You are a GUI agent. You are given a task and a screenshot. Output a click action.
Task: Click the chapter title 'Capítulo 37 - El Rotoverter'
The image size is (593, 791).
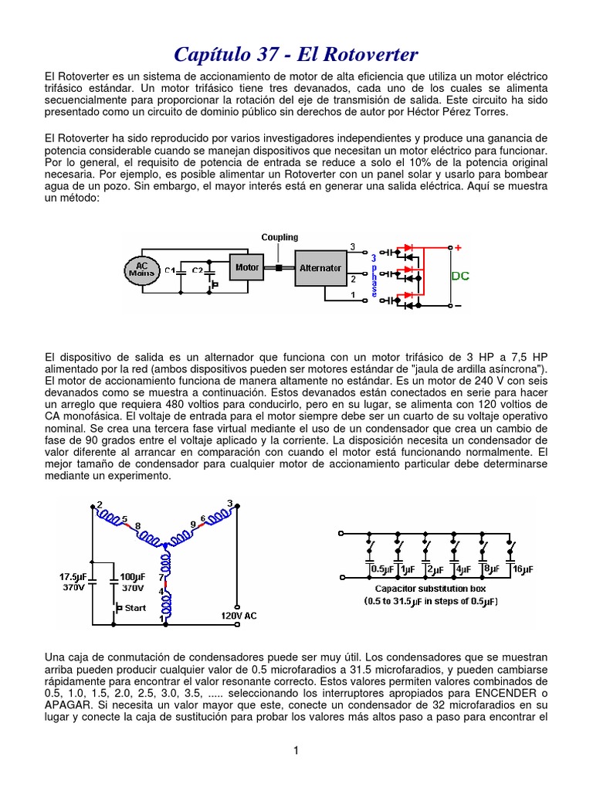[296, 55]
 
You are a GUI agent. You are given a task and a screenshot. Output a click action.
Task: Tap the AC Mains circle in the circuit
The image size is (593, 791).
[141, 269]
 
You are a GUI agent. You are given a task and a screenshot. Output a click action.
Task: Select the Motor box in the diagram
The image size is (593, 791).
[248, 267]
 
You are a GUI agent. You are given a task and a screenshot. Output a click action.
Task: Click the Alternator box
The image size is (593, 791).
[320, 268]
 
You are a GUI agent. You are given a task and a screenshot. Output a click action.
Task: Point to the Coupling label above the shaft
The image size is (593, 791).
[280, 237]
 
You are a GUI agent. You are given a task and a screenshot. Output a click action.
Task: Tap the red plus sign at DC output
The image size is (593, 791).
[457, 248]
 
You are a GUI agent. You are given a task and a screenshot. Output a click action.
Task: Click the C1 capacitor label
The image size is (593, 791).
[169, 271]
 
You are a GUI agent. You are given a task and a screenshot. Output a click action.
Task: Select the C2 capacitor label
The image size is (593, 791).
[198, 271]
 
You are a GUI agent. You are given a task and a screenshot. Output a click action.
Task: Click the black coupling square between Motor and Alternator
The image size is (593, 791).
[277, 269]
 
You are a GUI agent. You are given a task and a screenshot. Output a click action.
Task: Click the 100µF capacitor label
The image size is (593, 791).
[133, 577]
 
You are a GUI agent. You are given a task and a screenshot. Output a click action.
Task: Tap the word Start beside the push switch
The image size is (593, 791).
[135, 608]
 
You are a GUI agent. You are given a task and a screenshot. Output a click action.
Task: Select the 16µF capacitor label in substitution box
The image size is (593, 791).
[523, 569]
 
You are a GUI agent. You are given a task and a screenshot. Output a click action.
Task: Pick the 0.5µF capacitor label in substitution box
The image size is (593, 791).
[383, 569]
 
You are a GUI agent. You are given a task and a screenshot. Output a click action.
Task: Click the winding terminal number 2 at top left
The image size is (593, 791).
[99, 504]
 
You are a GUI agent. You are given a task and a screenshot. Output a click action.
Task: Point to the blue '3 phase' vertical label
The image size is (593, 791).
[374, 273]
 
